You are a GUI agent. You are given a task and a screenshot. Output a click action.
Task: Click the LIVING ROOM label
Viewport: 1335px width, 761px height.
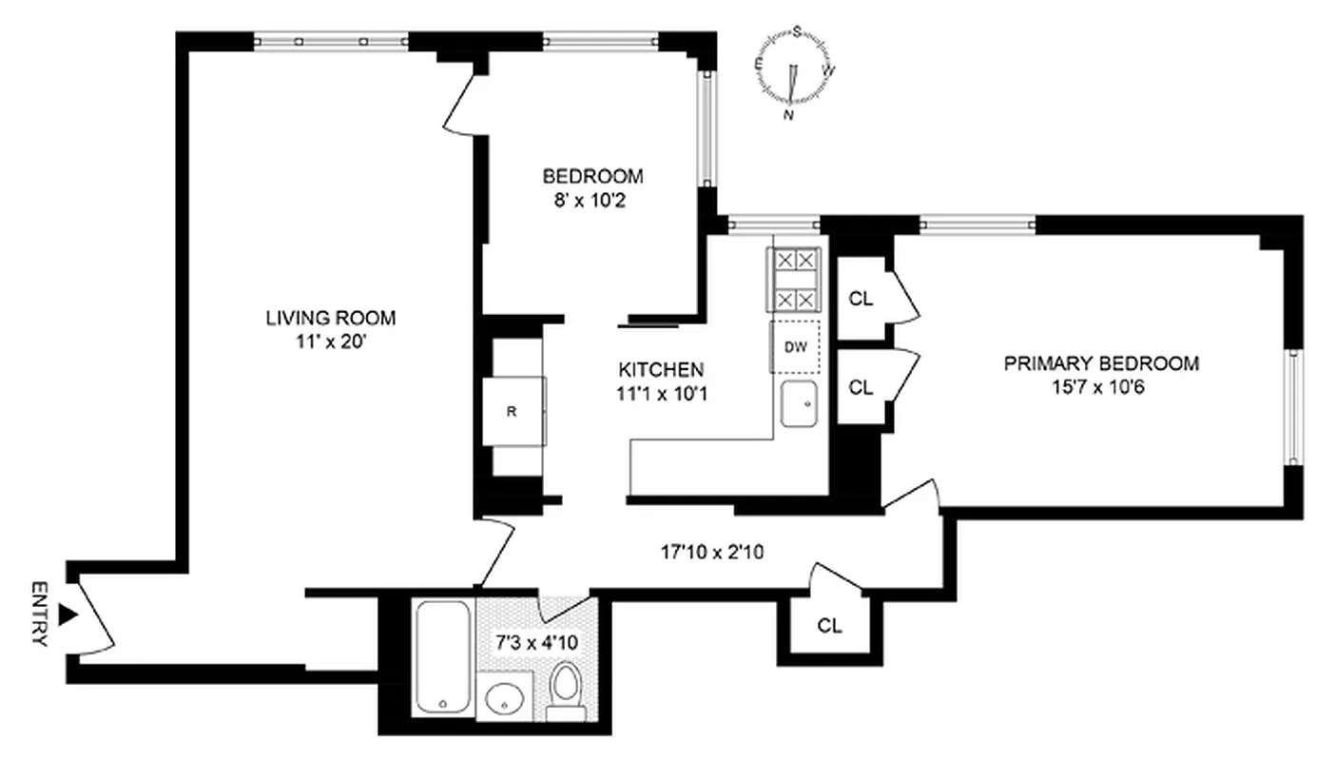tap(330, 319)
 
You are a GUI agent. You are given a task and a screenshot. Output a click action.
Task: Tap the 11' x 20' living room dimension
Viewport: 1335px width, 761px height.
tap(330, 342)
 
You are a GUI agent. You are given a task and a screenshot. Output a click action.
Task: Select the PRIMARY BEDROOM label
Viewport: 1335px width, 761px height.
tap(1101, 363)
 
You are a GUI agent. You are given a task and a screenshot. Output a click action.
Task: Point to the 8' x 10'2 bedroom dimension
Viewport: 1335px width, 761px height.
tap(591, 201)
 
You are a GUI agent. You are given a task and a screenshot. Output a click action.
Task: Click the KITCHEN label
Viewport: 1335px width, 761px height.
tap(661, 370)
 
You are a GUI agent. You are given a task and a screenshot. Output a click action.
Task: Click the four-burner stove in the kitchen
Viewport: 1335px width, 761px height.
tap(795, 280)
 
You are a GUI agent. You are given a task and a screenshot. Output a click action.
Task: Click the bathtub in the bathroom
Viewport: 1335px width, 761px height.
tap(443, 655)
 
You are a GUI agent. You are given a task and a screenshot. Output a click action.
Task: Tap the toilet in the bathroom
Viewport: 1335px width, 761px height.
tap(566, 690)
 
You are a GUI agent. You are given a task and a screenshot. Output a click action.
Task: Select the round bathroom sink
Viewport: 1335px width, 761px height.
tap(505, 701)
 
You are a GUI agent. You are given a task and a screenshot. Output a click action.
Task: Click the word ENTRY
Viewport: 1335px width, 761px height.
tap(39, 614)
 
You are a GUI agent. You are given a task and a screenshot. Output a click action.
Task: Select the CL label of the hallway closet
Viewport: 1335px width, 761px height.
tap(829, 626)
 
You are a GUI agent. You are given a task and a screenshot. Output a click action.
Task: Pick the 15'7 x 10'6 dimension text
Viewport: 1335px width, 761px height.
tap(1101, 388)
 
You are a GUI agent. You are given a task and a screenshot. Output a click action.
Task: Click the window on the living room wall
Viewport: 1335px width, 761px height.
tap(331, 41)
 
